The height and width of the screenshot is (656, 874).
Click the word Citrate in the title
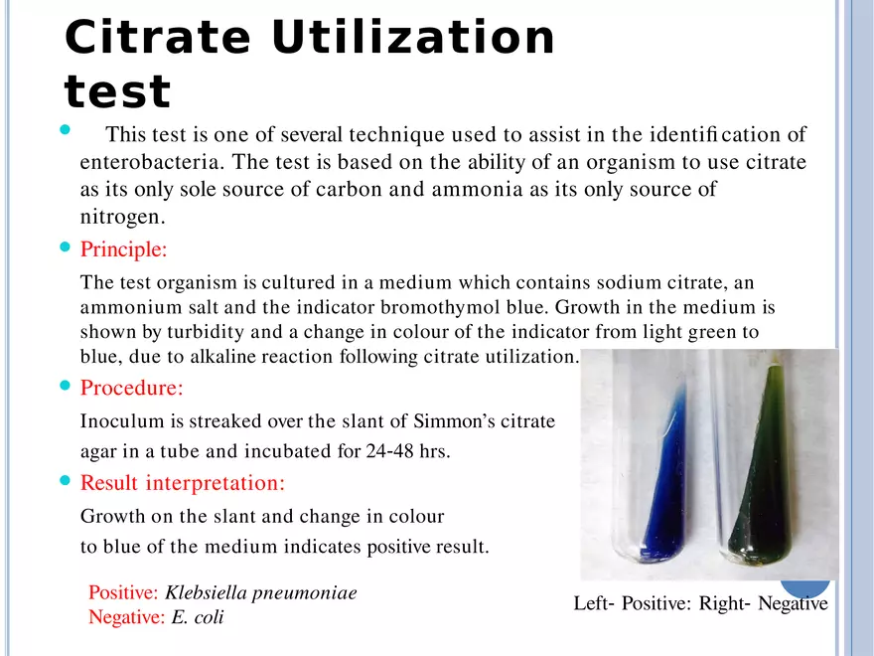click(x=158, y=37)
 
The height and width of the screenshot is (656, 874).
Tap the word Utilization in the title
click(x=413, y=37)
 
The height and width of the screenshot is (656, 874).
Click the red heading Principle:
click(x=124, y=249)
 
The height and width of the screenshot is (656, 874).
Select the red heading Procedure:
click(x=131, y=388)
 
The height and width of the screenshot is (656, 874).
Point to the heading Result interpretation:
click(x=183, y=483)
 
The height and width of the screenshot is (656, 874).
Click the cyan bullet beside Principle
click(x=66, y=246)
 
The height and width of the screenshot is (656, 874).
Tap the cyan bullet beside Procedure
click(x=66, y=385)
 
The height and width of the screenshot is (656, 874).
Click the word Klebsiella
click(x=206, y=592)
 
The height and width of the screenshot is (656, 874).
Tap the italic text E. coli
click(x=198, y=617)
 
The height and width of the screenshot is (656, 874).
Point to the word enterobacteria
click(x=152, y=162)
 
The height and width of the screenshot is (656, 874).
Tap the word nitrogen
click(x=122, y=217)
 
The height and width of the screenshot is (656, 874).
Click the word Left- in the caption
click(x=594, y=603)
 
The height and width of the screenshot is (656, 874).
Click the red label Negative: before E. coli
click(x=127, y=617)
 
